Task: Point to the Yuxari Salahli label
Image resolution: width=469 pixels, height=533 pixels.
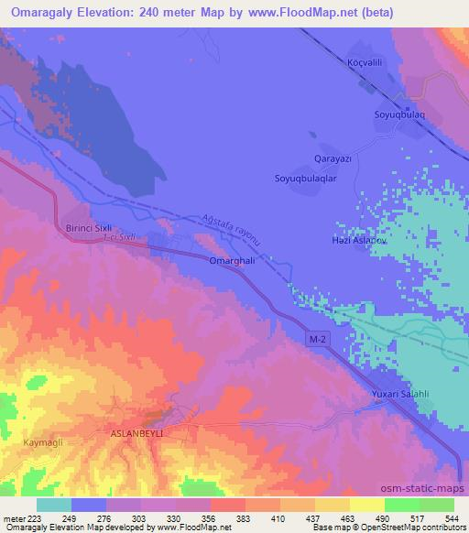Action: coord(403,394)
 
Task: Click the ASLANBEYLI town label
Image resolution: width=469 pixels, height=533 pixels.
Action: coord(136,432)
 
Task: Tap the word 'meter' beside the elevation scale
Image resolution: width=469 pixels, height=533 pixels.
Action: coord(13,517)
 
